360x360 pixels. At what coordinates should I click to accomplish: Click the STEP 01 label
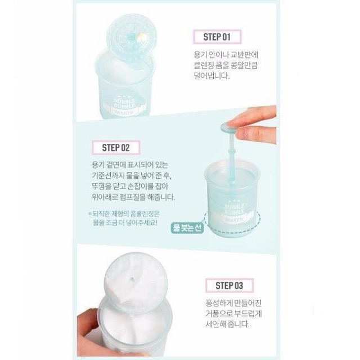217,37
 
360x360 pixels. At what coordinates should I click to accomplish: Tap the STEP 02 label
116,147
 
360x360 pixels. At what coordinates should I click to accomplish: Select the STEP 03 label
229,285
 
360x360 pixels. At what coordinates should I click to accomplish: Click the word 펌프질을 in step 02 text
134,197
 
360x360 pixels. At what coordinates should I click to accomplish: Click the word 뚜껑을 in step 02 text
96,187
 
